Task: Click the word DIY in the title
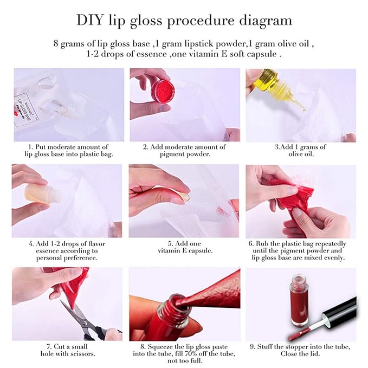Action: click(x=89, y=20)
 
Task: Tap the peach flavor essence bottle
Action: click(x=42, y=193)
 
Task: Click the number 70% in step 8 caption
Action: click(x=192, y=353)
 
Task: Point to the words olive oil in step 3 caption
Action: click(x=301, y=154)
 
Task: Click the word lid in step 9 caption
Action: click(x=315, y=353)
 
